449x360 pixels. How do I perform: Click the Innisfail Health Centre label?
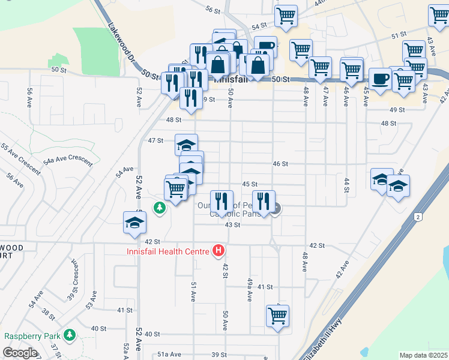(x=167, y=251)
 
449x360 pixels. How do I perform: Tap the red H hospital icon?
(x=219, y=251)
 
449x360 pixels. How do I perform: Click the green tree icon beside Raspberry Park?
(x=70, y=334)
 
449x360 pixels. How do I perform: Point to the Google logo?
(x=20, y=353)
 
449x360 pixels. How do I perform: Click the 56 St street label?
(x=213, y=10)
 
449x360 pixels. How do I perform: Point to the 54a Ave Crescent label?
(x=67, y=160)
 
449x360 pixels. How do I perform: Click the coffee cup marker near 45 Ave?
(x=379, y=79)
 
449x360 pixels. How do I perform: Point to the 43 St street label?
(x=232, y=224)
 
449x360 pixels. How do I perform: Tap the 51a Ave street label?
(x=169, y=355)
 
